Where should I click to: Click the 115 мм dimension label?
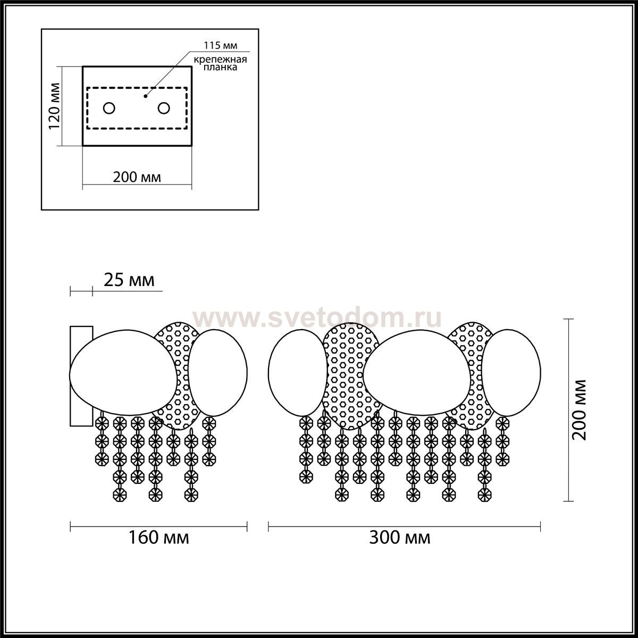[x=221, y=45]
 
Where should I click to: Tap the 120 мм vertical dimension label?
[x=54, y=106]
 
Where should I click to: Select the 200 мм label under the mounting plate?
[x=137, y=177]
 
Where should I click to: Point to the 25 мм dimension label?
[x=129, y=280]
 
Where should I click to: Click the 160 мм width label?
[x=158, y=538]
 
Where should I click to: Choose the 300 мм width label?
[x=400, y=538]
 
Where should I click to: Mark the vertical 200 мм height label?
[x=579, y=410]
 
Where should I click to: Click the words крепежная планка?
[x=220, y=64]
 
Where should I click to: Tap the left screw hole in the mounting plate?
[x=109, y=108]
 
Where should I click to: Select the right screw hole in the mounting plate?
[x=164, y=108]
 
